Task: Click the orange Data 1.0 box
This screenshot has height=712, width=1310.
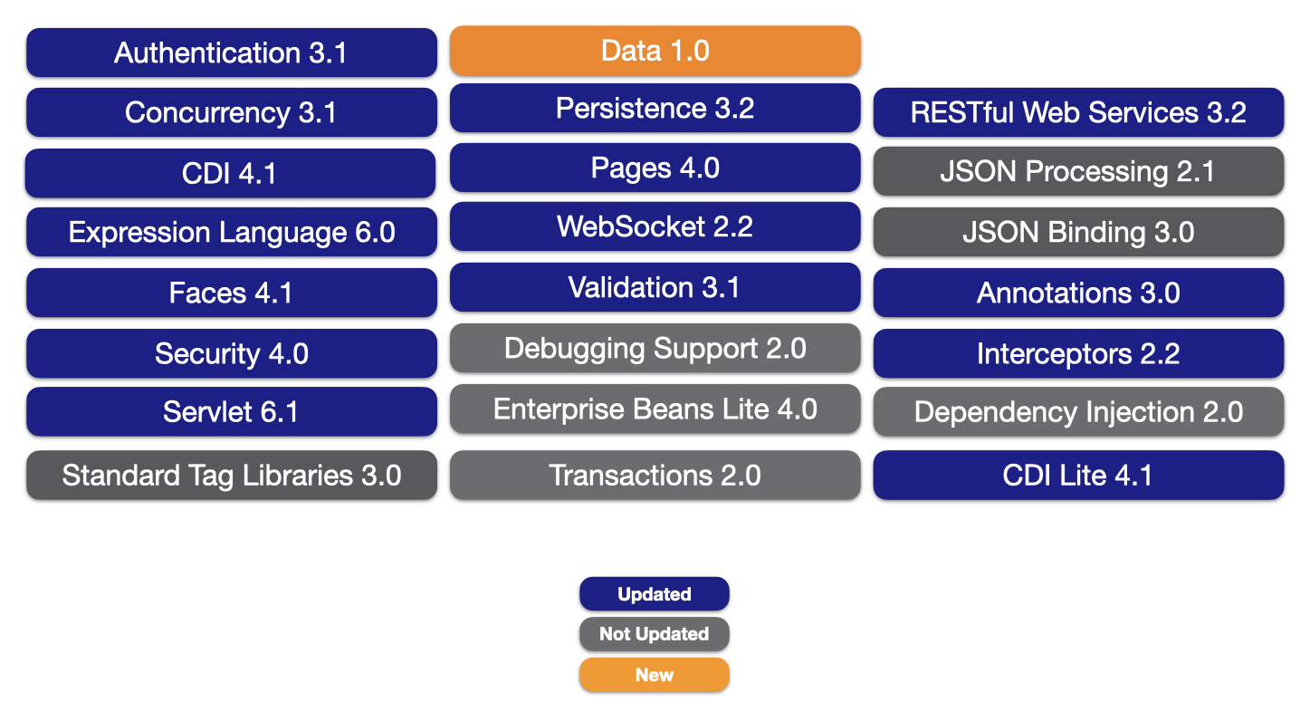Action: (655, 51)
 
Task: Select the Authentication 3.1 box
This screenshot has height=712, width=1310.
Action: (232, 53)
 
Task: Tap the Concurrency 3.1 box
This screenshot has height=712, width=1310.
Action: (232, 112)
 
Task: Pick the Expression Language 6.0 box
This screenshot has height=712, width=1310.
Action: (232, 232)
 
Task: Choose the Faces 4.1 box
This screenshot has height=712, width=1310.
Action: (232, 293)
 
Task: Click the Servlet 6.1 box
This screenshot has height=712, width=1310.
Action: (232, 411)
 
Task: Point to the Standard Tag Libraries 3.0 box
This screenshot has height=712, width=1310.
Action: (232, 475)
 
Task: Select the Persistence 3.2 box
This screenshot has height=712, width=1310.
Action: (655, 108)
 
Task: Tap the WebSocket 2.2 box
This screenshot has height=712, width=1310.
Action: (655, 226)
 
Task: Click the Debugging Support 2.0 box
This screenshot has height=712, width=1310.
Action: (655, 348)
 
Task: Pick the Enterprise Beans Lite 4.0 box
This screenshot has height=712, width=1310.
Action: (655, 409)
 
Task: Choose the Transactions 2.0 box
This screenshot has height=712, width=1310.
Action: (655, 475)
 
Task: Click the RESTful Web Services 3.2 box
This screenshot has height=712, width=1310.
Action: (1078, 112)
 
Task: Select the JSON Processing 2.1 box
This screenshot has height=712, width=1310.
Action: (1078, 171)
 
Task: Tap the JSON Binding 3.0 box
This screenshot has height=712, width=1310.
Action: (1078, 232)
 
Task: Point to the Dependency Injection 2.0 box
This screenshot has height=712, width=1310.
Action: (1078, 411)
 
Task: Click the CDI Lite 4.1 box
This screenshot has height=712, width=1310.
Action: (1078, 475)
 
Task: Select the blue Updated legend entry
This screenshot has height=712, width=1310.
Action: (655, 594)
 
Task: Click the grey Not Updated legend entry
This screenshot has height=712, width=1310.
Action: (655, 633)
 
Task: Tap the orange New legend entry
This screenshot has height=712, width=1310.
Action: (655, 675)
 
